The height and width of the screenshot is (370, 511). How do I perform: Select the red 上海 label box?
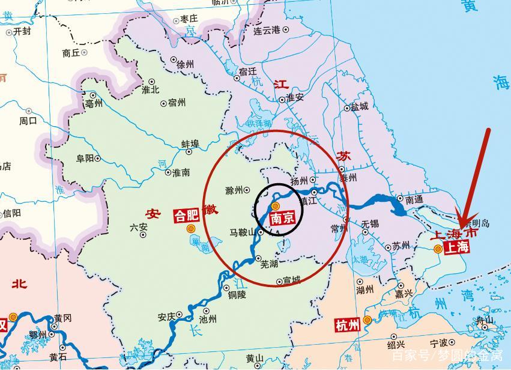pos(455,246)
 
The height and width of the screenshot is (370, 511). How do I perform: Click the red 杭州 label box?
pos(347,326)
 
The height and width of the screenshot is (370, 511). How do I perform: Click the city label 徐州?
pos(186,64)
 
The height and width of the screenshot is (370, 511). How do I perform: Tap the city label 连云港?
pos(267,30)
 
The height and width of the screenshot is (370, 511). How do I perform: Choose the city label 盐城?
pos(359,106)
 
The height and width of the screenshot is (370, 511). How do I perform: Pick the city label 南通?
pos(414,199)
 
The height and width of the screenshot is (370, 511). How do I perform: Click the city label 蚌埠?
pos(190,144)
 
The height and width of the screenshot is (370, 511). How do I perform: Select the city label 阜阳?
pos(85,159)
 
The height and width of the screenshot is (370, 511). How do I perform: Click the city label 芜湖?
pos(268,264)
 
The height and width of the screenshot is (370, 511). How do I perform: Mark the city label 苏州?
pos(401,245)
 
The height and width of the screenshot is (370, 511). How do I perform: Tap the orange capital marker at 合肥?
pos(192,228)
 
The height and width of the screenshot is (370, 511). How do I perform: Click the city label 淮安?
pos(295,97)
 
